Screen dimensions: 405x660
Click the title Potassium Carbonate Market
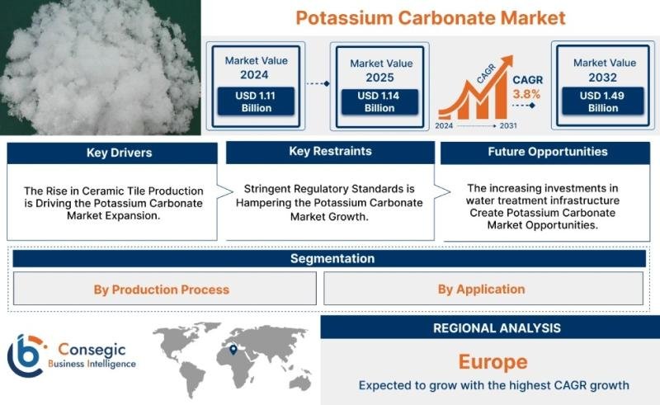(430, 17)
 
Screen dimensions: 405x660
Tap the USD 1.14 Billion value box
(379, 101)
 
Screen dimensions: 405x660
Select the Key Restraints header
(330, 152)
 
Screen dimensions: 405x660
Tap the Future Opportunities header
(547, 152)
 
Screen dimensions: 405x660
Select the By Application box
(481, 290)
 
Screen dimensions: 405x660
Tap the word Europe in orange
(493, 361)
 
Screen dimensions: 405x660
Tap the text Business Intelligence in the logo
(92, 364)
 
